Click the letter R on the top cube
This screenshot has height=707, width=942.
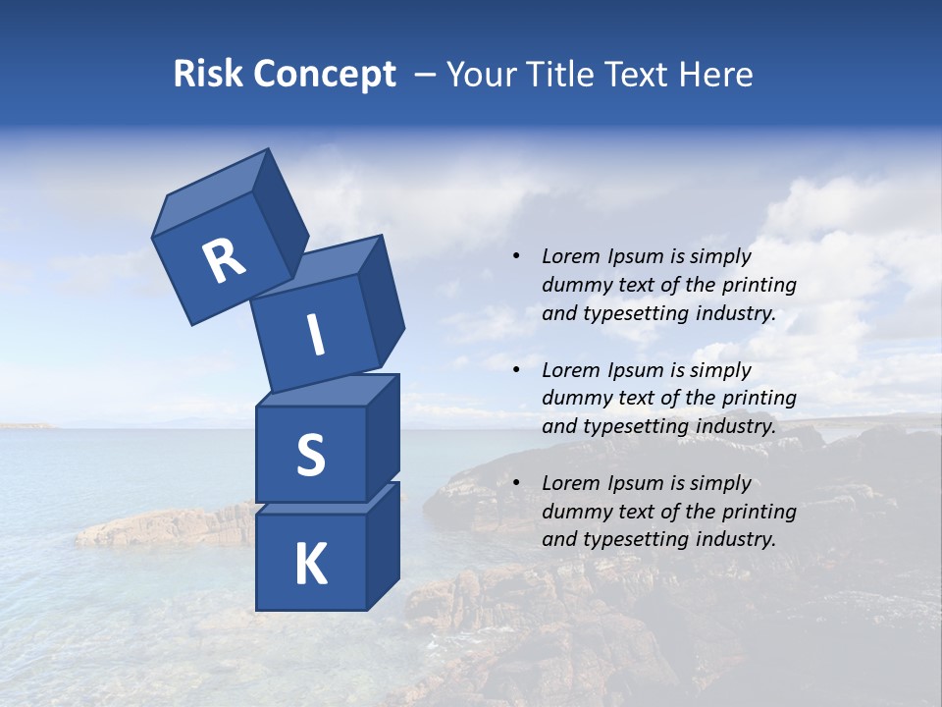(224, 260)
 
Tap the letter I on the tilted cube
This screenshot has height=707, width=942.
(316, 336)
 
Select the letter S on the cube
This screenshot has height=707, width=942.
(310, 455)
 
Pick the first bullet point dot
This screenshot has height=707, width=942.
(516, 256)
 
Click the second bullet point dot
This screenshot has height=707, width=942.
(516, 370)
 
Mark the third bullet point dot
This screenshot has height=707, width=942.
(516, 483)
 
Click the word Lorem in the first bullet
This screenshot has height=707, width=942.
(570, 256)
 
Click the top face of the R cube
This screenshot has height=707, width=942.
(211, 191)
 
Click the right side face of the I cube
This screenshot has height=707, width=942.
(381, 299)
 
